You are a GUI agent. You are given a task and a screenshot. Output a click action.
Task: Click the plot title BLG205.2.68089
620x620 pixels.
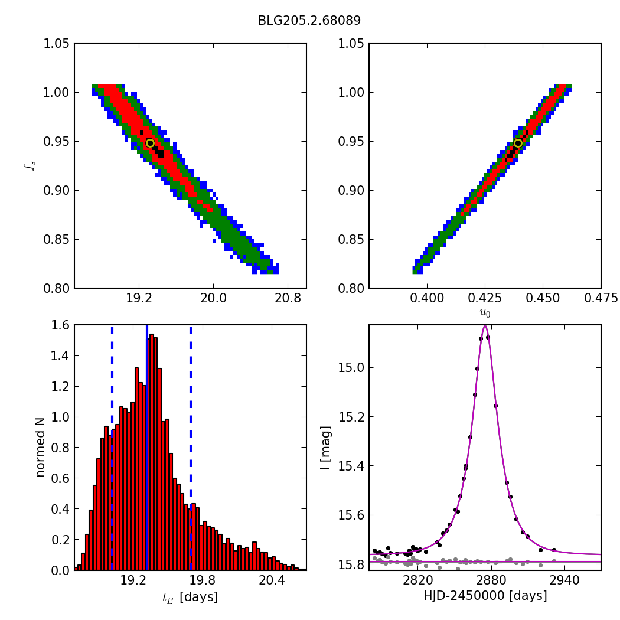click(x=309, y=21)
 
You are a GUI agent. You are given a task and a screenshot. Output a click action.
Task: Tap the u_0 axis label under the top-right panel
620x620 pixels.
click(x=485, y=314)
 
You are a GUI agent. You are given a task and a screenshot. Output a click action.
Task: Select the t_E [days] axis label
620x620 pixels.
click(x=190, y=597)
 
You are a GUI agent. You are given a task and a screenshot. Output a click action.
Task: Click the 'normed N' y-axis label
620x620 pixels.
click(x=41, y=448)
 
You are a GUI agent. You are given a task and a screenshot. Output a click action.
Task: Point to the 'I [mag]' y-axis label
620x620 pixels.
click(x=325, y=448)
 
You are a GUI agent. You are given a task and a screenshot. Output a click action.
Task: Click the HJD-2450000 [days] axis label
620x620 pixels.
click(x=485, y=596)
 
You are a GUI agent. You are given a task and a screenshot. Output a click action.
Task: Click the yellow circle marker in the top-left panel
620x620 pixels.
click(x=150, y=143)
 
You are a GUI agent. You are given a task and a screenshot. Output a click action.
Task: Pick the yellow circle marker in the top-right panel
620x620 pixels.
click(x=518, y=143)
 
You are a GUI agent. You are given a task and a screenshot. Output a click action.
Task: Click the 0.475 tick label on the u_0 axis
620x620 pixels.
click(x=601, y=299)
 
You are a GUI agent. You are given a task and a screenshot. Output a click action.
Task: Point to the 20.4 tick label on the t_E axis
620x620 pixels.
click(x=272, y=581)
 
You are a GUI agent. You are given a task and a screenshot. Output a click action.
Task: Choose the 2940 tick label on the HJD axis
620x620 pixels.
click(x=564, y=581)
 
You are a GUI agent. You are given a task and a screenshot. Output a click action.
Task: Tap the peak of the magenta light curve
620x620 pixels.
click(x=485, y=326)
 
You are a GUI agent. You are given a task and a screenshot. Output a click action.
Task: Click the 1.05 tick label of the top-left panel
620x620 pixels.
click(x=57, y=44)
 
